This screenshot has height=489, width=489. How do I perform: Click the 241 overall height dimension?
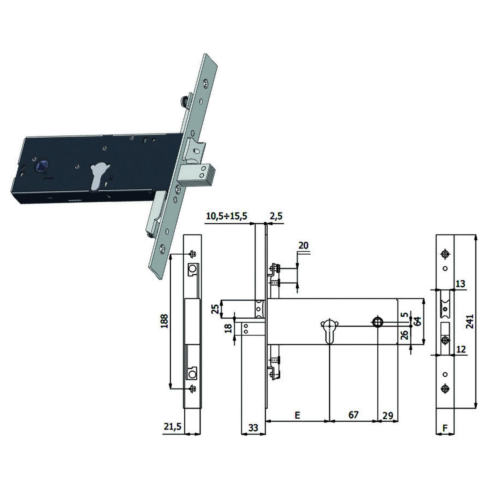(x=470, y=322)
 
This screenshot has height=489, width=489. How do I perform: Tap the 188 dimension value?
(x=164, y=321)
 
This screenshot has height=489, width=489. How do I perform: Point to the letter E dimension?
(x=298, y=415)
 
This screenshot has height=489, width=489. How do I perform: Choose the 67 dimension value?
(x=353, y=415)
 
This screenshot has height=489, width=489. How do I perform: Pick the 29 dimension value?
(x=387, y=416)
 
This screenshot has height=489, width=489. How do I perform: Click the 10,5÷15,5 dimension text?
(x=226, y=216)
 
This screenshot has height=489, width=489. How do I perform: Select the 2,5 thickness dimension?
(x=276, y=216)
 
